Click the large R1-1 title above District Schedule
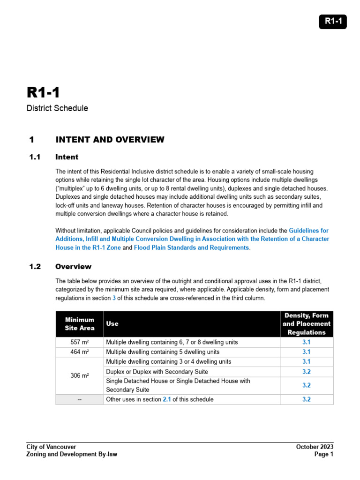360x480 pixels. [x=43, y=92]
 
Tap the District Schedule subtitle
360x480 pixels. [x=57, y=108]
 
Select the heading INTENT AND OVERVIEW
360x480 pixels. [x=110, y=140]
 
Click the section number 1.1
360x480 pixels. [x=35, y=157]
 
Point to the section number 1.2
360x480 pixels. [x=35, y=267]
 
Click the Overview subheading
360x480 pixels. [x=73, y=267]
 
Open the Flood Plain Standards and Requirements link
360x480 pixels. [x=192, y=247]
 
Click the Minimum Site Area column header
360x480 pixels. [x=79, y=324]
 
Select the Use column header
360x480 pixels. [x=112, y=324]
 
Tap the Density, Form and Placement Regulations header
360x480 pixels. [x=307, y=324]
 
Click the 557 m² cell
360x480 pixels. [x=79, y=342]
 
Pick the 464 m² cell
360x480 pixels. [x=79, y=352]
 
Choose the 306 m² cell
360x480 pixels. [x=79, y=376]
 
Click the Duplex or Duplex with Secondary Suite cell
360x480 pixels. [x=157, y=372]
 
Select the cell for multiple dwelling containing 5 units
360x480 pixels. [x=163, y=352]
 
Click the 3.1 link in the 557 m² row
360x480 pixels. [x=307, y=342]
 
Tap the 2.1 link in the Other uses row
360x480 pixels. [x=166, y=399]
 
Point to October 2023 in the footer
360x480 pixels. [x=315, y=447]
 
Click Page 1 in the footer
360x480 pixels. [x=324, y=454]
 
